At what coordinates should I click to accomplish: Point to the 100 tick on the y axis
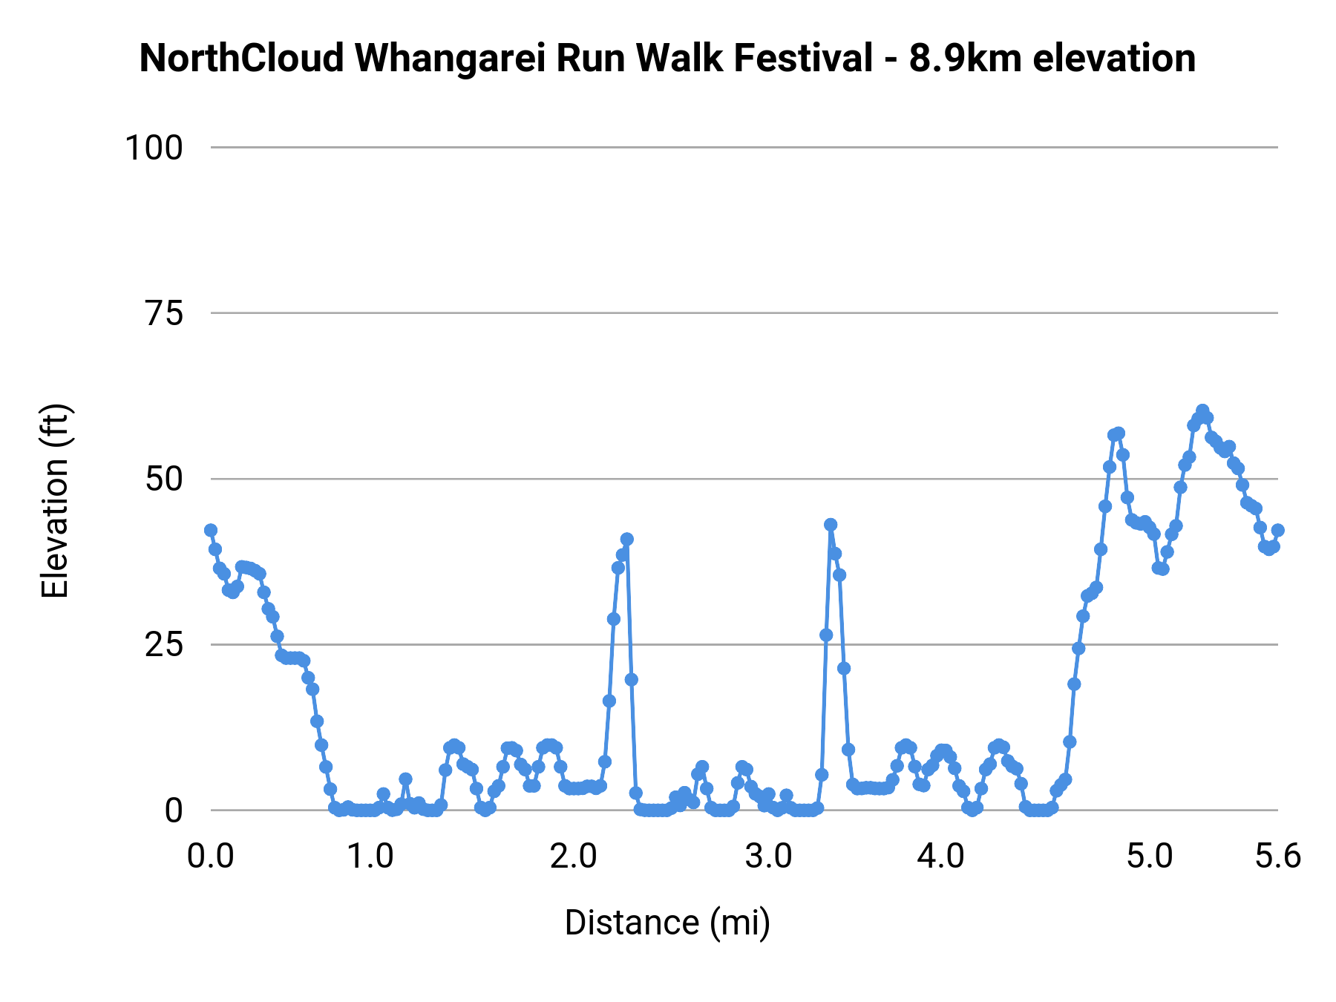click(x=154, y=148)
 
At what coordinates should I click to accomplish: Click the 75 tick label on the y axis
click(x=164, y=314)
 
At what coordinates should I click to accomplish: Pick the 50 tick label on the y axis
click(x=164, y=479)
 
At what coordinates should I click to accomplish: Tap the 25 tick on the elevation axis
click(x=164, y=645)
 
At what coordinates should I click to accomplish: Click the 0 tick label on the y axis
click(x=173, y=811)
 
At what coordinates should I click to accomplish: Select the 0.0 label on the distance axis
click(x=210, y=857)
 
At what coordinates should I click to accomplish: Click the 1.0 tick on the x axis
click(x=371, y=857)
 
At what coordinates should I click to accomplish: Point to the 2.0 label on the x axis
click(x=573, y=857)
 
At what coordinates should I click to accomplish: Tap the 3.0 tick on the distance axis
click(x=768, y=857)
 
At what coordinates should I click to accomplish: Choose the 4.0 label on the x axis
click(x=940, y=857)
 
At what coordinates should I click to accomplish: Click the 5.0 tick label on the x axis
click(x=1149, y=857)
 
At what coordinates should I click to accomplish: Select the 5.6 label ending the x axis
click(x=1277, y=857)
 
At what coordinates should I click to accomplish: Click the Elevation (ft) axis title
click(x=54, y=501)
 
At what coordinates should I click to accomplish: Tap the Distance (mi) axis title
click(x=667, y=923)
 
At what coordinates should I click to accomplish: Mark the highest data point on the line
click(x=1202, y=411)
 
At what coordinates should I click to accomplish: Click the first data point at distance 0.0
click(x=211, y=530)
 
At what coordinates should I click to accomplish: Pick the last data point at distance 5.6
click(x=1277, y=530)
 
